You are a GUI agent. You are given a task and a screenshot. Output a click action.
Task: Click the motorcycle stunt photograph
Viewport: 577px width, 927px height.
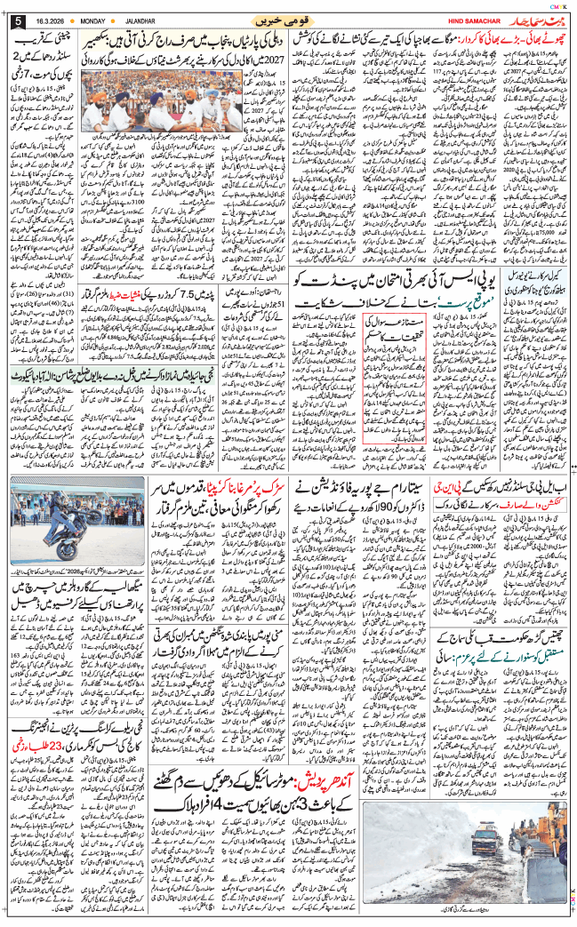pyautogui.click(x=54, y=530)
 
